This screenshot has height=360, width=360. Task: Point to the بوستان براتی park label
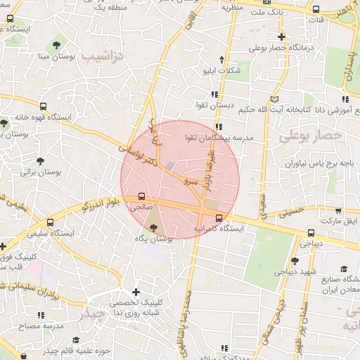pos(41,172)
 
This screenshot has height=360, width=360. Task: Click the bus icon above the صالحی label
pos(142,197)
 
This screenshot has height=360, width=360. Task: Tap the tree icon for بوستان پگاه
pos(154,226)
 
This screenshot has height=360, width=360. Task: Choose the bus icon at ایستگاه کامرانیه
pos(218,217)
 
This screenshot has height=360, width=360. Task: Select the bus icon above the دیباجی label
pos(311,233)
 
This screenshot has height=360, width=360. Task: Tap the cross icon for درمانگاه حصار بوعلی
pos(282,37)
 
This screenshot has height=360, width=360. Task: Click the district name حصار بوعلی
pos(310,135)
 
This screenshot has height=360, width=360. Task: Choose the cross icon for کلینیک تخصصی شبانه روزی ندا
pos(136,291)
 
